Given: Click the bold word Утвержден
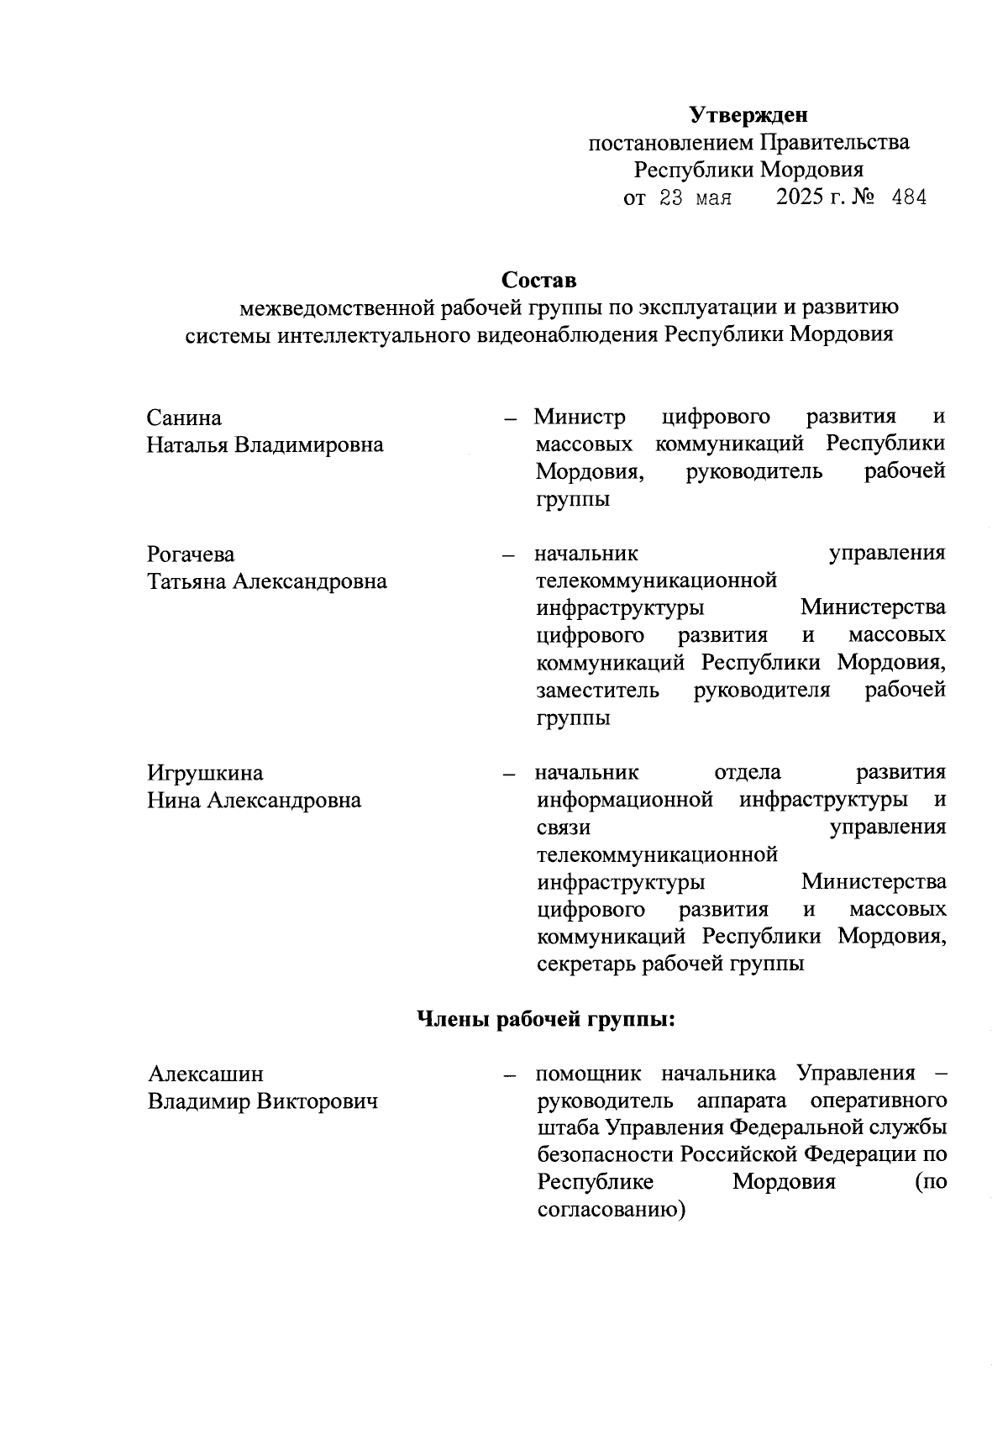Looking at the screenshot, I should [748, 113].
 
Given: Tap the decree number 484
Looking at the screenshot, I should [907, 199].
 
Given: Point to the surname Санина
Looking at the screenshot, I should [184, 418].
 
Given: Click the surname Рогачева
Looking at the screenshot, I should [191, 554].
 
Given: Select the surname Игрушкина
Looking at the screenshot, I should [205, 773].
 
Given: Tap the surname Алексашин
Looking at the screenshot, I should [205, 1074].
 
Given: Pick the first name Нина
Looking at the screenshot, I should [174, 801].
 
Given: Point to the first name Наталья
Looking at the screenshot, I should [187, 444].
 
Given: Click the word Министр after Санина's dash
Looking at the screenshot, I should [580, 418].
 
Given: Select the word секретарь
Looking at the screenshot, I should [586, 964].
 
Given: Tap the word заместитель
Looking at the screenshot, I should [597, 691].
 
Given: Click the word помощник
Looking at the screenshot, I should [588, 1074].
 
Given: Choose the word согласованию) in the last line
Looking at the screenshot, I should [611, 1211].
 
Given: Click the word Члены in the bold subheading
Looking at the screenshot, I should [454, 1020].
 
